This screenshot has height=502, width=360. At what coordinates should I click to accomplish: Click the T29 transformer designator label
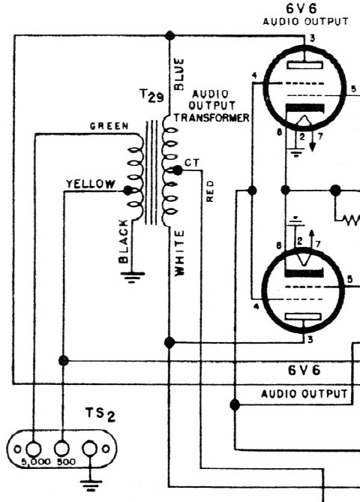(151, 96)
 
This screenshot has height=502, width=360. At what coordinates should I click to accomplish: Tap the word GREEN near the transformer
(109, 126)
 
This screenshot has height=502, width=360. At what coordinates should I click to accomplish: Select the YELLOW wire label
(90, 184)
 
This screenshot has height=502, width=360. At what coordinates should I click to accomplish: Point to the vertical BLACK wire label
(124, 241)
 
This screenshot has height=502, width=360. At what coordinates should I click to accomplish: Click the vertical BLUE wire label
(178, 74)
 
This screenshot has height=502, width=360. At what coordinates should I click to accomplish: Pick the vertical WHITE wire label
(179, 253)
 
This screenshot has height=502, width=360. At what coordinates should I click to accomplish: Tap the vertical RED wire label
(209, 191)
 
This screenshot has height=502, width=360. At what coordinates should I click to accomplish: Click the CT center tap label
(192, 163)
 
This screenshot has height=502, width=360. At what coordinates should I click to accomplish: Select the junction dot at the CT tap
(177, 170)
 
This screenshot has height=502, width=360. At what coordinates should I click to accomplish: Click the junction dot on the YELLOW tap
(128, 191)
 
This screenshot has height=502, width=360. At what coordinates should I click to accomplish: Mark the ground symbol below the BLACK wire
(133, 278)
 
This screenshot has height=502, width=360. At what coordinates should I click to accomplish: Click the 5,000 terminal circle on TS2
(33, 449)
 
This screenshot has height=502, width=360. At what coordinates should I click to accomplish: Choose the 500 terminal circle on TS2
(61, 448)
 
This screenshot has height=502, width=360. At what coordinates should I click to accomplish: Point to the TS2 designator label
(100, 414)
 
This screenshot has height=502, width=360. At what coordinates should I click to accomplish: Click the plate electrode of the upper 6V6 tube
(304, 65)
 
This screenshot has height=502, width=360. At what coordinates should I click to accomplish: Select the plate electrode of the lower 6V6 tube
(303, 317)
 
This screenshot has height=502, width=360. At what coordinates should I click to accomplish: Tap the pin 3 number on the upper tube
(312, 38)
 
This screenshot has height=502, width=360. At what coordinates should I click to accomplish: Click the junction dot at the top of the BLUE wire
(169, 35)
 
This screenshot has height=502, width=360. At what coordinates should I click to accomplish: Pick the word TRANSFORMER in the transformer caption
(211, 118)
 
